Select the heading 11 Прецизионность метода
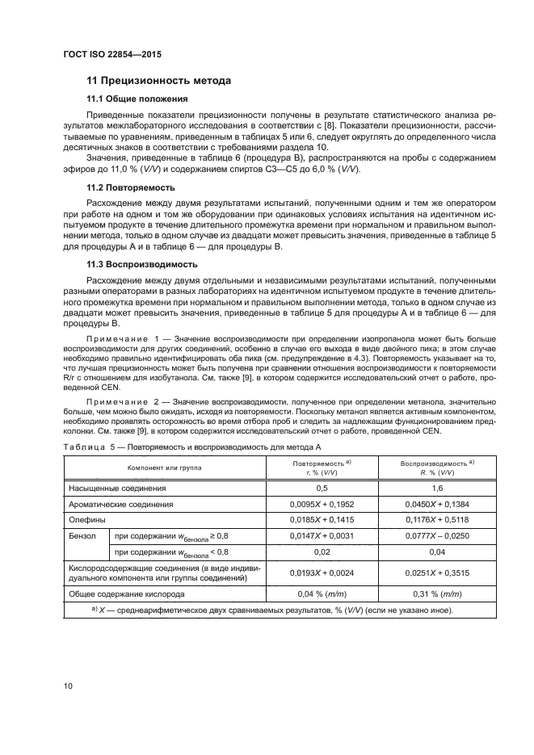point(159,81)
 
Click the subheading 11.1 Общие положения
point(137,99)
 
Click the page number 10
point(69,686)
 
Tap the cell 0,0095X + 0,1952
point(322,505)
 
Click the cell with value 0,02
point(322,552)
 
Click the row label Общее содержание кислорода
point(137,594)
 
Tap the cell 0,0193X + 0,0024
point(322,573)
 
